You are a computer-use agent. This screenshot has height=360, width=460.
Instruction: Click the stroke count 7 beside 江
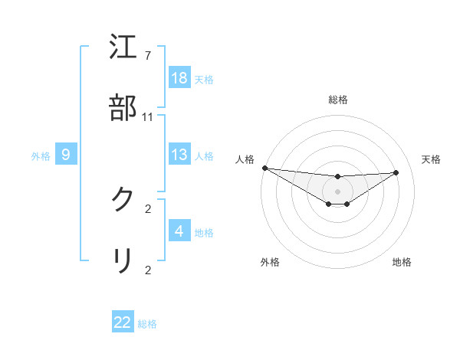[x=147, y=56]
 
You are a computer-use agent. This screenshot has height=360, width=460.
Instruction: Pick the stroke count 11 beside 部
[x=148, y=117]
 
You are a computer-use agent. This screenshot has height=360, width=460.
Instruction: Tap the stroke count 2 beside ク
[x=148, y=208]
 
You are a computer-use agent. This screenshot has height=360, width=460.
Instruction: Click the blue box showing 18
[x=179, y=78]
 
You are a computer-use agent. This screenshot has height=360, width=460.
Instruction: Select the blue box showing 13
[x=179, y=155]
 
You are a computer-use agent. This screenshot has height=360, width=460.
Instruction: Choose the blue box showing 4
[x=179, y=231]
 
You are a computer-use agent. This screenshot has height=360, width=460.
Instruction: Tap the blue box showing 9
[x=66, y=155]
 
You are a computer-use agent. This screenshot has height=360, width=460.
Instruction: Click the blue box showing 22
[x=123, y=322]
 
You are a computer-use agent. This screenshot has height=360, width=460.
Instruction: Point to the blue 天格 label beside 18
[x=204, y=79]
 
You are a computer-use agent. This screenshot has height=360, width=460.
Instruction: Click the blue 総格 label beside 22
[x=147, y=324]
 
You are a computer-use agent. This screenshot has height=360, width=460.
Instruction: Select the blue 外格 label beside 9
[x=41, y=156]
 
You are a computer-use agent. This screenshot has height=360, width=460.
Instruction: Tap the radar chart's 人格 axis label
[x=243, y=159]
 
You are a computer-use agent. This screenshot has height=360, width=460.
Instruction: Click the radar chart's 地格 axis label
[x=402, y=262]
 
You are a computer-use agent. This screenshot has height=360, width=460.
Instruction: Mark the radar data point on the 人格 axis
[x=264, y=168]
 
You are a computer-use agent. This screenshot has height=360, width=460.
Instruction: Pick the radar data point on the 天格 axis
[x=396, y=172]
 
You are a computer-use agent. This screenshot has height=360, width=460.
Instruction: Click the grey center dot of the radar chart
[x=337, y=191]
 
